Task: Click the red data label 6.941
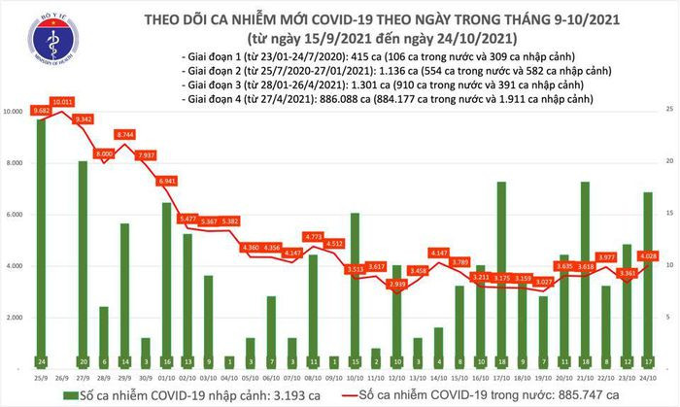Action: tap(166, 182)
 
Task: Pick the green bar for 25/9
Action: tap(42, 243)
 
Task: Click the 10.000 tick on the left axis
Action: tap(15, 113)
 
